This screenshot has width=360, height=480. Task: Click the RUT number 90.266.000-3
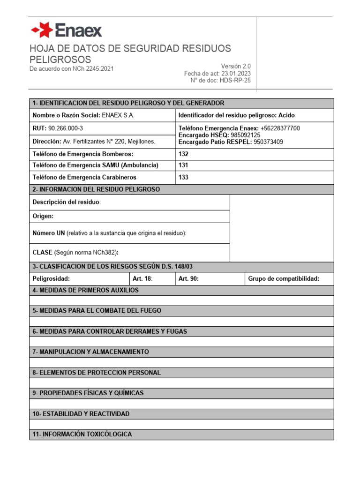[66, 128]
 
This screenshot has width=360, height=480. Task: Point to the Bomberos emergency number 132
[184, 154]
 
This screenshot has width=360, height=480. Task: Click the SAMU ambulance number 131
[184, 165]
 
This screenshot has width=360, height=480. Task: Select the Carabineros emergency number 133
[184, 177]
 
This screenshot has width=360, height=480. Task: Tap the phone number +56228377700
[280, 128]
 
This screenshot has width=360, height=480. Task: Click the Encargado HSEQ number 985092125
[246, 135]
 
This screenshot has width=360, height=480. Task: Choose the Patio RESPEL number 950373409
[268, 142]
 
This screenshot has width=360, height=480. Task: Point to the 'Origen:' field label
[43, 216]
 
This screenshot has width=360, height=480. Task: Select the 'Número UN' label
[48, 233]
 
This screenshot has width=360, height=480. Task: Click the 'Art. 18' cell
[142, 279]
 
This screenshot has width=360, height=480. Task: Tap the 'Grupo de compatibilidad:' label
[284, 279]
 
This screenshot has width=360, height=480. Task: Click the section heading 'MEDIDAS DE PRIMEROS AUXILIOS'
[89, 290]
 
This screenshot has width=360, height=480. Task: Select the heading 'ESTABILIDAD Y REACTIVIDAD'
[84, 414]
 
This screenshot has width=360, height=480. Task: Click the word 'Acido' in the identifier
[286, 115]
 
